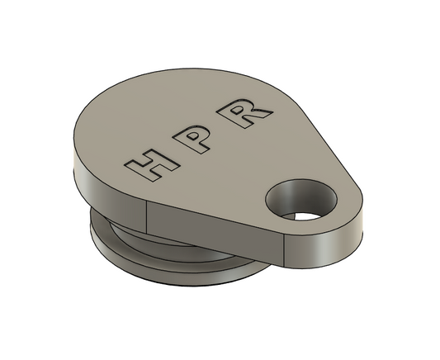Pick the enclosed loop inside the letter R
[248, 110]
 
